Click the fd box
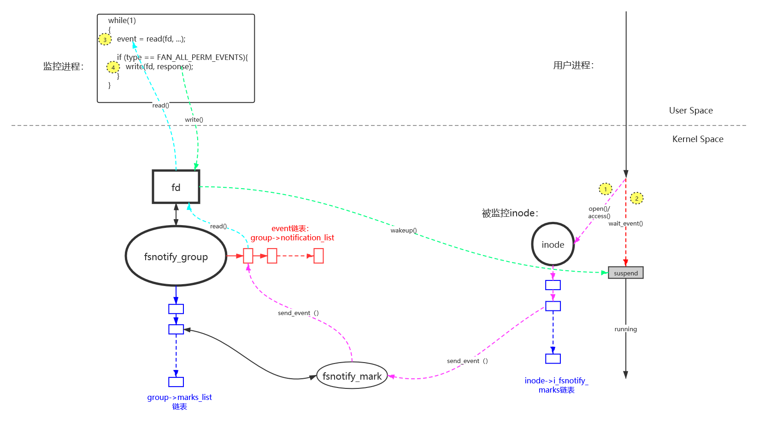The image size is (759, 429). pyautogui.click(x=176, y=187)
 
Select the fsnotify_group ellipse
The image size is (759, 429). pyautogui.click(x=176, y=256)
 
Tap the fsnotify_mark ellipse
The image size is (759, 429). pyautogui.click(x=352, y=376)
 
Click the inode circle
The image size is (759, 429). pyautogui.click(x=553, y=244)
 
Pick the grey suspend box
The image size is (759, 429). pyautogui.click(x=625, y=273)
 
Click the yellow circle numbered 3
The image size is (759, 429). pyautogui.click(x=105, y=39)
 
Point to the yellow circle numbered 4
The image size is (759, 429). pyautogui.click(x=113, y=67)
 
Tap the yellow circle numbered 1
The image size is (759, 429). pyautogui.click(x=605, y=189)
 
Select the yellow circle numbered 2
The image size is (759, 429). pyautogui.click(x=636, y=198)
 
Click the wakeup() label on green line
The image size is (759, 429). pyautogui.click(x=404, y=230)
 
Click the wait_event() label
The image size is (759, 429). pyautogui.click(x=625, y=223)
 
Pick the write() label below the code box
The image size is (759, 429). pyautogui.click(x=194, y=119)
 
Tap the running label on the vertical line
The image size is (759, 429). pyautogui.click(x=625, y=329)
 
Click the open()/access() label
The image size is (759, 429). pyautogui.click(x=599, y=212)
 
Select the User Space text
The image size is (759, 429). pyautogui.click(x=690, y=111)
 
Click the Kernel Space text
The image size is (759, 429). pyautogui.click(x=697, y=139)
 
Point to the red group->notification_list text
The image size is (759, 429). pyautogui.click(x=292, y=238)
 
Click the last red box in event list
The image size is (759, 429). pyautogui.click(x=318, y=256)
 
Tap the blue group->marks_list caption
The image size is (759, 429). pyautogui.click(x=179, y=398)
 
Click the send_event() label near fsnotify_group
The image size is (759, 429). pyautogui.click(x=299, y=313)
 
